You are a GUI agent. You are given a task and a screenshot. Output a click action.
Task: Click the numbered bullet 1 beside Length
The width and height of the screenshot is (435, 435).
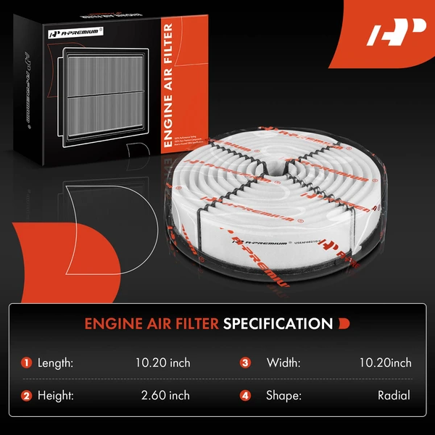coord(27,362)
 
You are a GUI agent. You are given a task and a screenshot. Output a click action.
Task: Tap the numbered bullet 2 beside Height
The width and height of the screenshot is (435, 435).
coord(27,395)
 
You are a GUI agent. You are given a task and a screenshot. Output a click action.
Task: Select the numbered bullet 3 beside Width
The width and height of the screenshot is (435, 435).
coord(245,362)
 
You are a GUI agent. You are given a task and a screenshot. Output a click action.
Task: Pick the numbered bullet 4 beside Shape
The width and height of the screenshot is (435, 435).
coord(245,395)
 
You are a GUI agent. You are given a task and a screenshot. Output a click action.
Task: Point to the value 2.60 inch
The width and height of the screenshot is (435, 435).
coord(165,395)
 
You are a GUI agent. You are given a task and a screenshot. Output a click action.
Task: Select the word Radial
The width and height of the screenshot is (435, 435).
coord(393,395)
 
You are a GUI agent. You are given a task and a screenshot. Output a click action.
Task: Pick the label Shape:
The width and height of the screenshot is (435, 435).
coord(283,395)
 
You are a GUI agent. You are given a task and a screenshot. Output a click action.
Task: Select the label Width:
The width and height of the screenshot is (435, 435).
coord(282,362)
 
